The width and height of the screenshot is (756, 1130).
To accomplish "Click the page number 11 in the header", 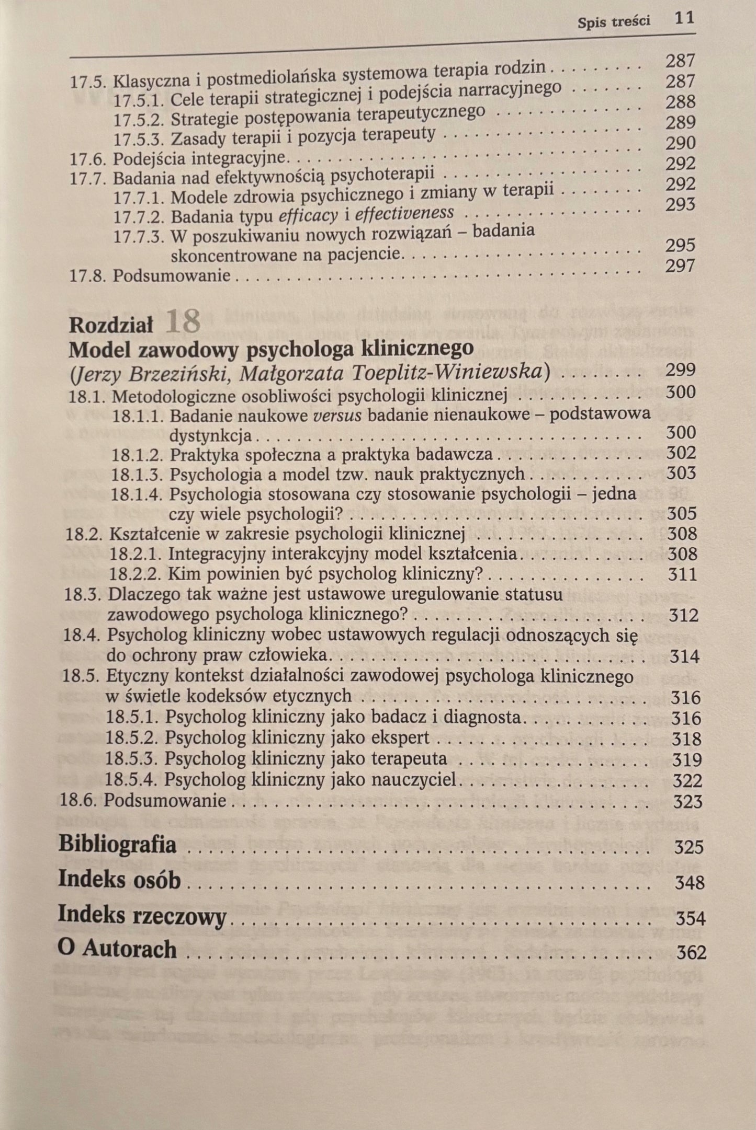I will [684, 18].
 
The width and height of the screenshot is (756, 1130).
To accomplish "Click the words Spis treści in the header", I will [614, 21].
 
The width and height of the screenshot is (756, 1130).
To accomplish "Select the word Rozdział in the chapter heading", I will [111, 325].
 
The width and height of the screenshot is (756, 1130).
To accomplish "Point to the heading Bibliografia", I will [117, 845].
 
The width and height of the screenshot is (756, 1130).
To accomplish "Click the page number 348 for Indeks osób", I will [690, 883].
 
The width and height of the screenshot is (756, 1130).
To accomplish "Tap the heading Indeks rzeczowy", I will [142, 916].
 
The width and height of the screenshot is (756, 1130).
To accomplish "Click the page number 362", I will [691, 952].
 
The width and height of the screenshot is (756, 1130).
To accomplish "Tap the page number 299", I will [680, 370].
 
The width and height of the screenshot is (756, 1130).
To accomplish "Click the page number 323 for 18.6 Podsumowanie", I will [686, 801].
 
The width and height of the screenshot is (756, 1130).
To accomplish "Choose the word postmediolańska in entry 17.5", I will [272, 76].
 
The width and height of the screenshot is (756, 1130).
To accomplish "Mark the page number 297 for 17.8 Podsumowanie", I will [680, 266].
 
